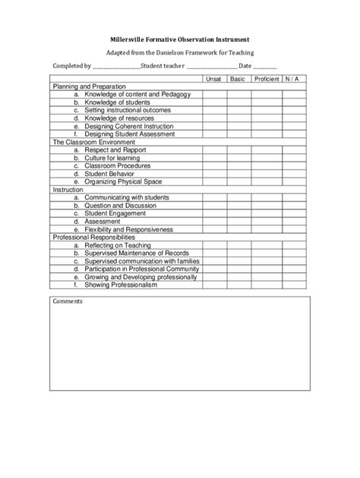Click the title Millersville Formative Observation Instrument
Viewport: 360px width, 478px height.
(x=179, y=38)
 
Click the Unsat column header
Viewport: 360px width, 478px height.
(x=214, y=79)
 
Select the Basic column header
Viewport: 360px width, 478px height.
(x=238, y=79)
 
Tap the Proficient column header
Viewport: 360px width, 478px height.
(x=267, y=79)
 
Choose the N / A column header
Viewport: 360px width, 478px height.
(x=293, y=79)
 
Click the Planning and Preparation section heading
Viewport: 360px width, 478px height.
(x=82, y=86)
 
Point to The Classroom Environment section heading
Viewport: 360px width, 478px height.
(x=93, y=142)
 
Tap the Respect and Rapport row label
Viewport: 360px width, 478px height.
(x=115, y=149)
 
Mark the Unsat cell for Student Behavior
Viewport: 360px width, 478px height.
(x=214, y=174)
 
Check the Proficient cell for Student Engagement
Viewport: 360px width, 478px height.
(x=267, y=213)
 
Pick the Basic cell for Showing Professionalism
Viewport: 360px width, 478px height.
(x=238, y=285)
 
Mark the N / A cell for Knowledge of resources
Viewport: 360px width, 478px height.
(x=293, y=118)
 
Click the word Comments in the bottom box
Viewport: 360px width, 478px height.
(x=68, y=301)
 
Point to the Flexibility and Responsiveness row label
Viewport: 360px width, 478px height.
(x=129, y=229)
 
